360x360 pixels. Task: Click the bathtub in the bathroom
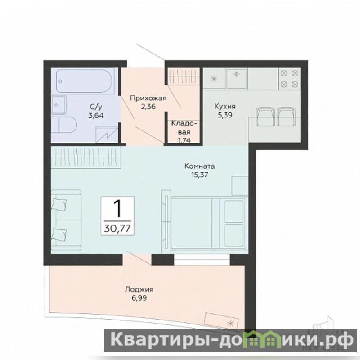[84, 81]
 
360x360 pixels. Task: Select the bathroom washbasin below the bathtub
[58, 105]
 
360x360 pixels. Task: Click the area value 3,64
[96, 115]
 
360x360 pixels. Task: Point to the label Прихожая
[148, 98]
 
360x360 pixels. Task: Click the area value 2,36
[148, 107]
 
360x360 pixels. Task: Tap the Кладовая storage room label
[184, 128]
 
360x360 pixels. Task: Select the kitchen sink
[236, 78]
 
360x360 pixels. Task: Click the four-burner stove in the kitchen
[289, 79]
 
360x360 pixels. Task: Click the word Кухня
[225, 107]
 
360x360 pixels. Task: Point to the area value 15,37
[200, 175]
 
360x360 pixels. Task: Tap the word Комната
[200, 166]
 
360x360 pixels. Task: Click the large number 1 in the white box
[118, 208]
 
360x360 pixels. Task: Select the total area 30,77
[117, 229]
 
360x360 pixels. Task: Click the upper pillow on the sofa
[59, 204]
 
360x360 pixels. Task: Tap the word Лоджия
[139, 289]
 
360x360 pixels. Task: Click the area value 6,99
[139, 298]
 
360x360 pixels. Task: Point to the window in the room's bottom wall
[202, 260]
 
